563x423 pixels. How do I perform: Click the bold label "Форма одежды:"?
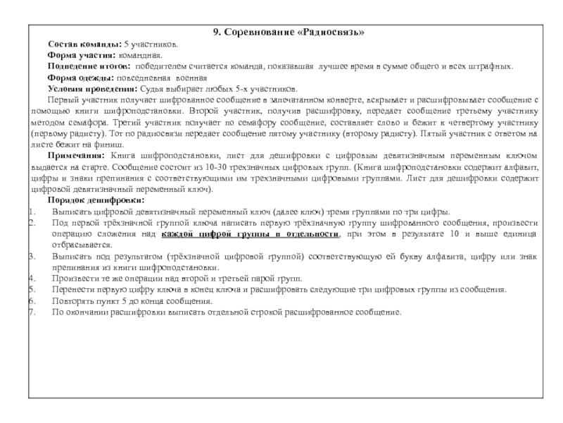(x=78, y=78)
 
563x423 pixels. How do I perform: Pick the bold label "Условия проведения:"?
(x=92, y=89)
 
